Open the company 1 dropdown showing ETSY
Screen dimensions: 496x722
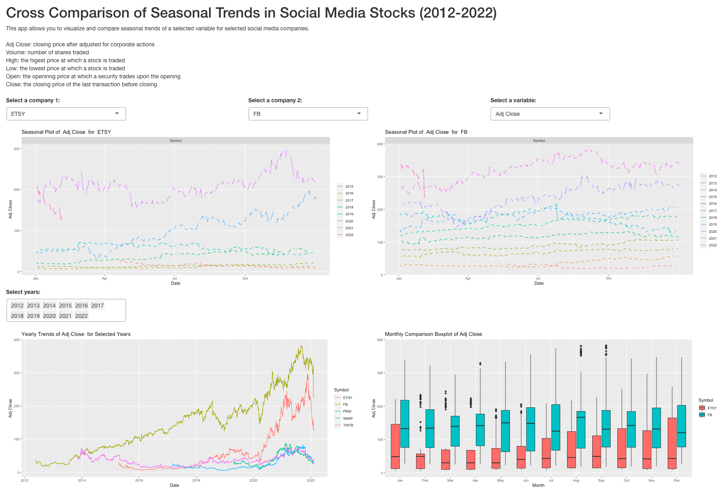66,114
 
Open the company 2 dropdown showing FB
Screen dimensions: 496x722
308,114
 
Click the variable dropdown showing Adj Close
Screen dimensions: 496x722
550,114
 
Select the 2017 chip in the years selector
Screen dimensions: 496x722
97,306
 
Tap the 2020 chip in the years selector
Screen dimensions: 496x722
50,316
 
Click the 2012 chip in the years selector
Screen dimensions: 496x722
17,306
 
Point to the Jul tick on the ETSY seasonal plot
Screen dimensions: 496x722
175,278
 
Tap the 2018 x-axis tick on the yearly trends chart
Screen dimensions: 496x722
196,480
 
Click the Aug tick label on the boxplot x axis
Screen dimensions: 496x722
576,480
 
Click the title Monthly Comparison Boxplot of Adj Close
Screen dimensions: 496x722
433,334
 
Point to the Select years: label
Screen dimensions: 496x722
23,292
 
